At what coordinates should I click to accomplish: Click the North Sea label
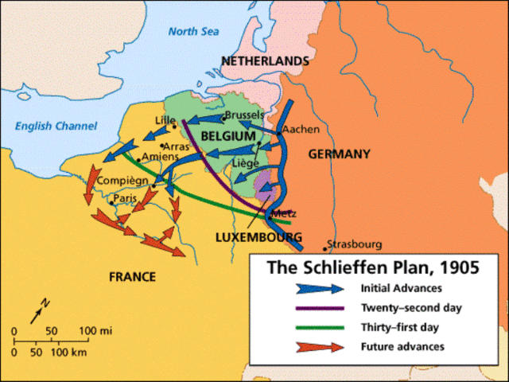[x=193, y=32]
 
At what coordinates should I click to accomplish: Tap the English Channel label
[x=56, y=126]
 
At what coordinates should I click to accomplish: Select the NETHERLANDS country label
[x=265, y=61]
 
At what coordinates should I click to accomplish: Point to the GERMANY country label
[x=339, y=154]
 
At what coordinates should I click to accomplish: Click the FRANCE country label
[x=132, y=276]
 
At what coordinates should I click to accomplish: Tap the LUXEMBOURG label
[x=258, y=237]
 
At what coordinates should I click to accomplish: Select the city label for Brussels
[x=244, y=115]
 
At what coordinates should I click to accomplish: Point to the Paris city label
[x=124, y=197]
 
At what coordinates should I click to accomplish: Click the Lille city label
[x=165, y=120]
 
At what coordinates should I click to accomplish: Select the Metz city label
[x=284, y=213]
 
